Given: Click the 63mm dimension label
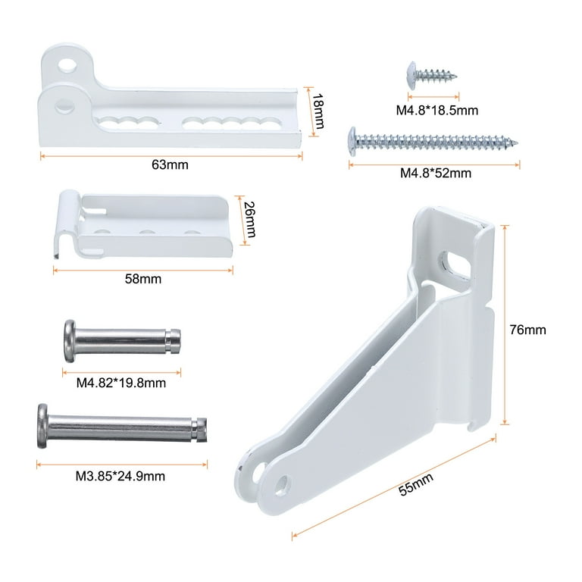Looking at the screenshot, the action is [x=170, y=164].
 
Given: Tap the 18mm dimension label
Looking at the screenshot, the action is [x=318, y=111].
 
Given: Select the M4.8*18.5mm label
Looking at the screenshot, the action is [x=436, y=110].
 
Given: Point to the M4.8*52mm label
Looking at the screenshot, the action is [x=436, y=173].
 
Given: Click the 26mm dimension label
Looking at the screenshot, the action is [x=250, y=219].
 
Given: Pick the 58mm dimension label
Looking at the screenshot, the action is [x=143, y=279].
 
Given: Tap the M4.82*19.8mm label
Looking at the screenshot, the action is [x=121, y=383].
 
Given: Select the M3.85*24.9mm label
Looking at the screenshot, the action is [x=120, y=476].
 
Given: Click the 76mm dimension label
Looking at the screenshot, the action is [x=527, y=330].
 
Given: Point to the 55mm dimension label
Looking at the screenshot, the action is [x=416, y=484].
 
